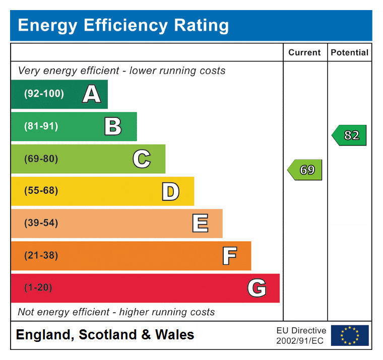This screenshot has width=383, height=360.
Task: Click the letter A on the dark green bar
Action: (91, 94)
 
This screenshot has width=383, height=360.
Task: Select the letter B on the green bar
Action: (113, 126)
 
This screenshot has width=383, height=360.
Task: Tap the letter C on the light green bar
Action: (142, 159)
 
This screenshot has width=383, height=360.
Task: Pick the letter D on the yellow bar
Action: (170, 191)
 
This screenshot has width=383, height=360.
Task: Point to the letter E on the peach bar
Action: (200, 224)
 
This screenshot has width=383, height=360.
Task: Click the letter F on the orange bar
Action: (229, 256)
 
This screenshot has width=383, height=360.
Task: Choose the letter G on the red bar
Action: (257, 288)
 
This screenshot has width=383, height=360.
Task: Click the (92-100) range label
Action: (44, 94)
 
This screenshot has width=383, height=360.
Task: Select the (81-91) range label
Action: (41, 126)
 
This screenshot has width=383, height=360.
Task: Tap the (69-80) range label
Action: (41, 159)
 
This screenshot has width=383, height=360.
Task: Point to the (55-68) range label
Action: (41, 191)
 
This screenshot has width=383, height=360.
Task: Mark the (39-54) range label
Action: (41, 223)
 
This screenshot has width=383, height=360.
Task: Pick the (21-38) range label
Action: (41, 255)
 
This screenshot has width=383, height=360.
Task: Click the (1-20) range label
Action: (38, 287)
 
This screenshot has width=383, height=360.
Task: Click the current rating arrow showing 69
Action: (305, 170)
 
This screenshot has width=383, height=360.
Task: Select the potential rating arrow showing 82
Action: (349, 135)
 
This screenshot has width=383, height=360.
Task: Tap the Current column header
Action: (304, 52)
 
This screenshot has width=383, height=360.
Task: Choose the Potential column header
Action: (349, 52)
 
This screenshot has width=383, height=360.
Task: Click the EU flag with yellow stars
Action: (350, 335)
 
